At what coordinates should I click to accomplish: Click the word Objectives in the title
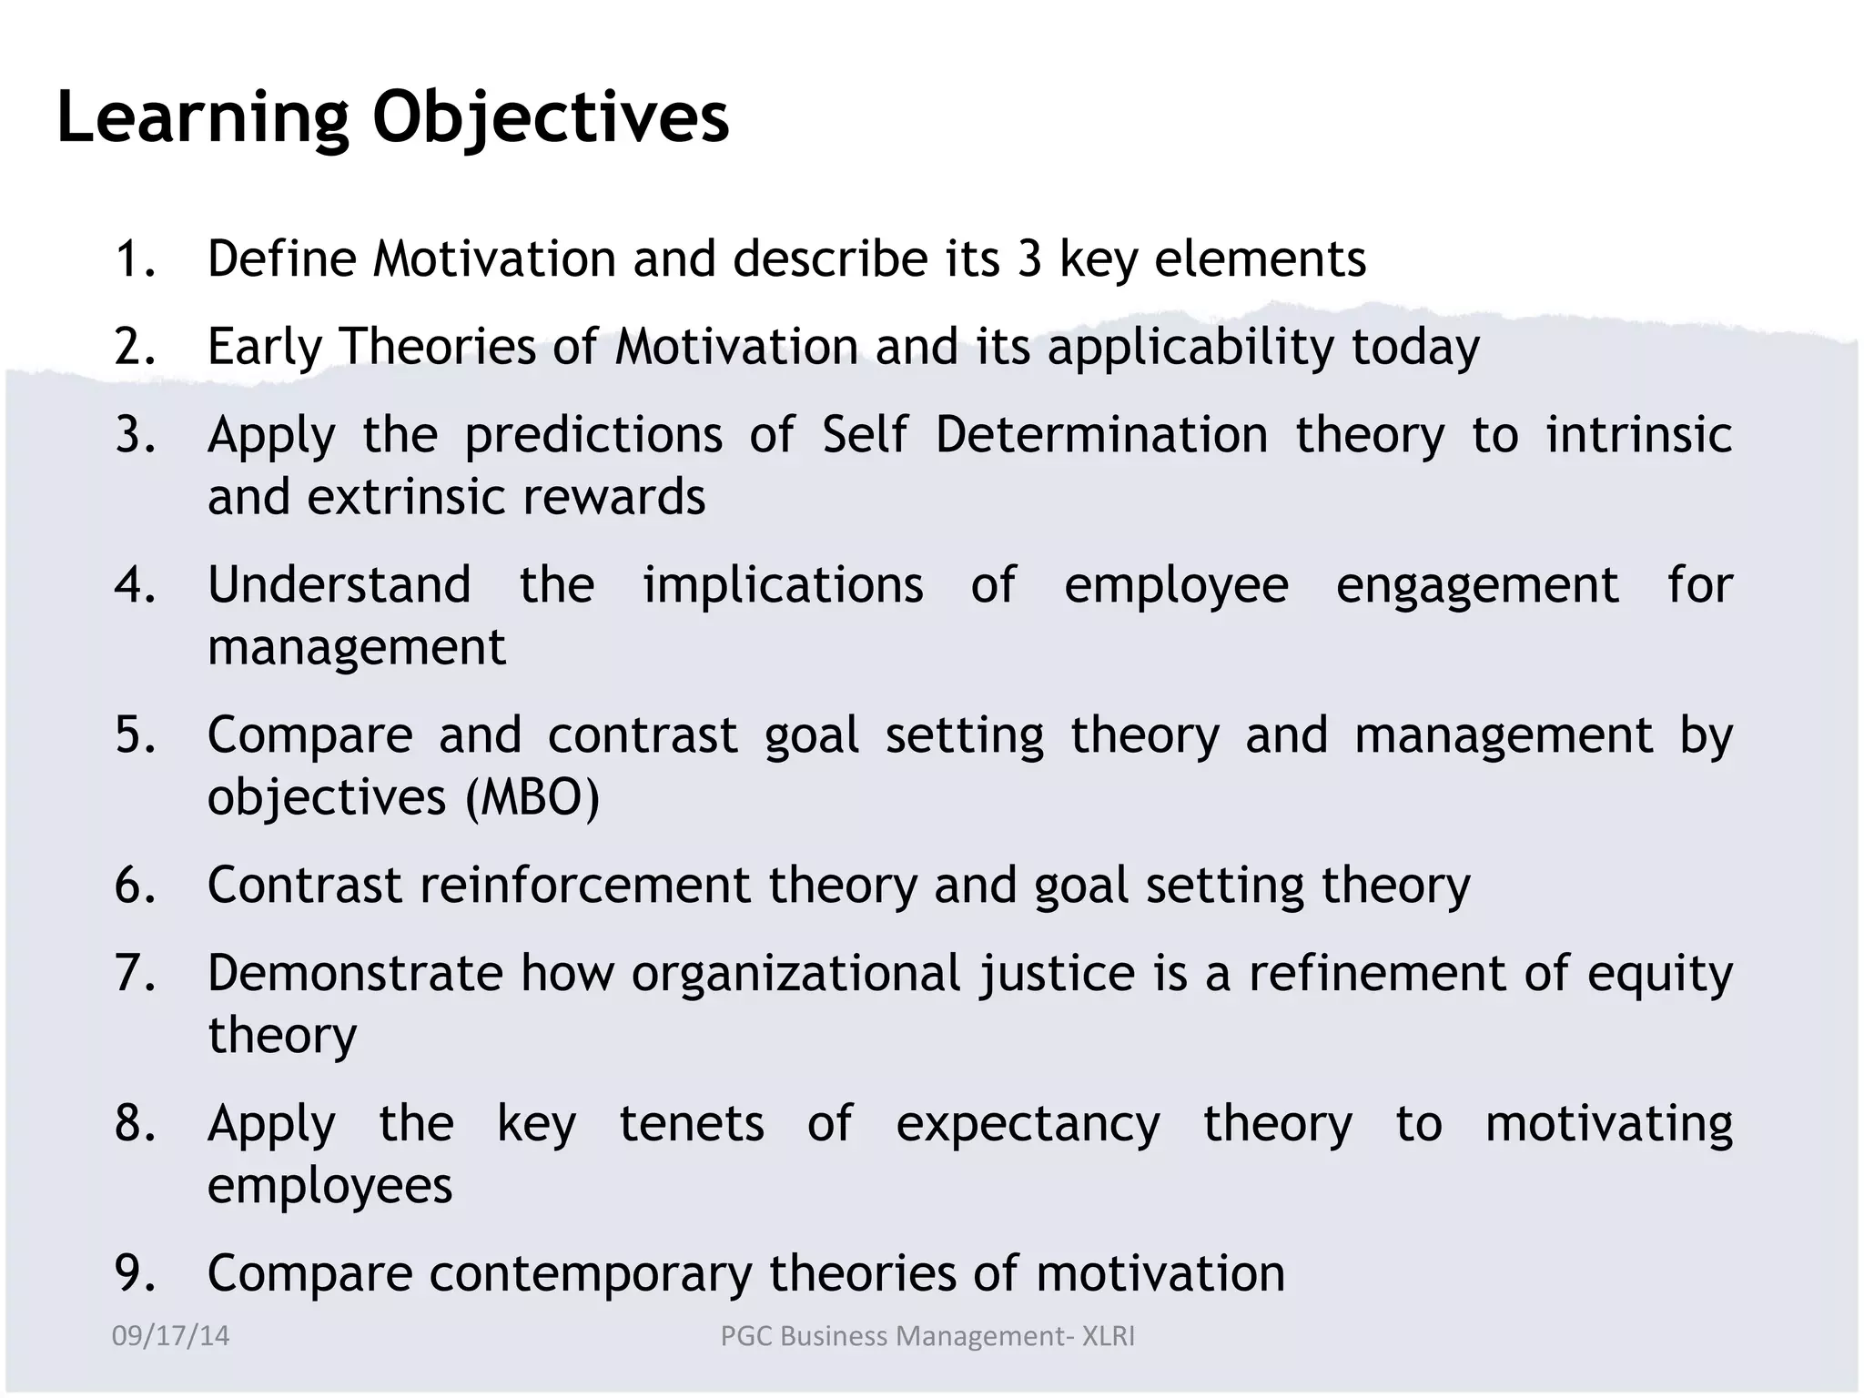[551, 118]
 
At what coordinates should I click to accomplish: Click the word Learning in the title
[203, 118]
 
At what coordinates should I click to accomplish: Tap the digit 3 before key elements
[1029, 258]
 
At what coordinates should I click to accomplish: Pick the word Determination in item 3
[1101, 435]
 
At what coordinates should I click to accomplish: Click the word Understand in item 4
[339, 584]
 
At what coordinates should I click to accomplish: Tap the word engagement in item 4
[1477, 584]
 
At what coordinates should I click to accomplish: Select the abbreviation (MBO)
[532, 797]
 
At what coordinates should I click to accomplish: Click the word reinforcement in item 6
[584, 885]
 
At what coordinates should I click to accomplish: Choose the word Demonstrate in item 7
[355, 973]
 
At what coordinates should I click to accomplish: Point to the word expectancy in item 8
[1028, 1124]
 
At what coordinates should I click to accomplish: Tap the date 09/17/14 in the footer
[170, 1335]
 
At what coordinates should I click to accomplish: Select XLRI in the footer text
[1108, 1335]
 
